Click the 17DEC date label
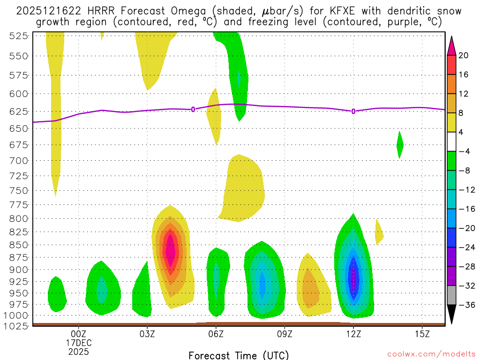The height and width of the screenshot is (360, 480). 78,343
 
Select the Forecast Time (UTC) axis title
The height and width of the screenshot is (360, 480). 239,355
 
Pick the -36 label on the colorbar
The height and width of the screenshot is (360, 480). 466,305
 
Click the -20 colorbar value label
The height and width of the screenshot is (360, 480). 466,228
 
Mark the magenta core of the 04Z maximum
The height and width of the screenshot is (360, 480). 170,252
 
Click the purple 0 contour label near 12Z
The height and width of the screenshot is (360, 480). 353,111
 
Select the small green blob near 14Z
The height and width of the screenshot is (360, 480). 400,145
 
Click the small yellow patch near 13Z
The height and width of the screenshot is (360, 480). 379,232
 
